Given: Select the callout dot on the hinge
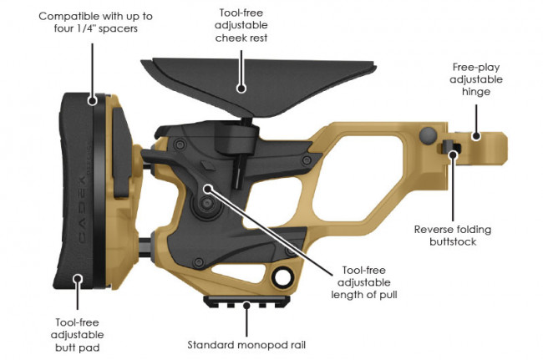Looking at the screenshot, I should coord(476,134).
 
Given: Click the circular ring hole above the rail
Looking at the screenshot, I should coord(285,275).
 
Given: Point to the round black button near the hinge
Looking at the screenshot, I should coord(429,133).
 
